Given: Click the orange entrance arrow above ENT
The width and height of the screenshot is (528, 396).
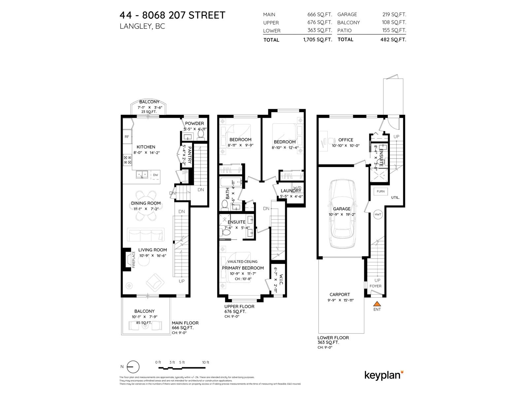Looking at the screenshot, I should click(x=377, y=304).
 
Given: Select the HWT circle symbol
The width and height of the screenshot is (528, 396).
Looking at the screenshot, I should click(x=378, y=214).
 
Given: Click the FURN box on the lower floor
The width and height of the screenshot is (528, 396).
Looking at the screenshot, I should click(x=380, y=191).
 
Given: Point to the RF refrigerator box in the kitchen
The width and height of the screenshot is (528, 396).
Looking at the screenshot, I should click(x=127, y=137).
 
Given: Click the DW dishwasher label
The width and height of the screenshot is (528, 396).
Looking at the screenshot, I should click(x=155, y=175).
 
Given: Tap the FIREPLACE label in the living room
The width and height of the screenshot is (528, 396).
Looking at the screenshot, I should click(x=134, y=259).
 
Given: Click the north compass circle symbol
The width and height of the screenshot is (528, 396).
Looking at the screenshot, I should click(x=133, y=367).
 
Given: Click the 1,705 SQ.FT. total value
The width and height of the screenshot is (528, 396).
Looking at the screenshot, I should click(x=317, y=40).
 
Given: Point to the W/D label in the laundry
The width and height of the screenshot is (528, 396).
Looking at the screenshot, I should click(x=297, y=188).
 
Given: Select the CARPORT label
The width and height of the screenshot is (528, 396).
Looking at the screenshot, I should click(x=340, y=294).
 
